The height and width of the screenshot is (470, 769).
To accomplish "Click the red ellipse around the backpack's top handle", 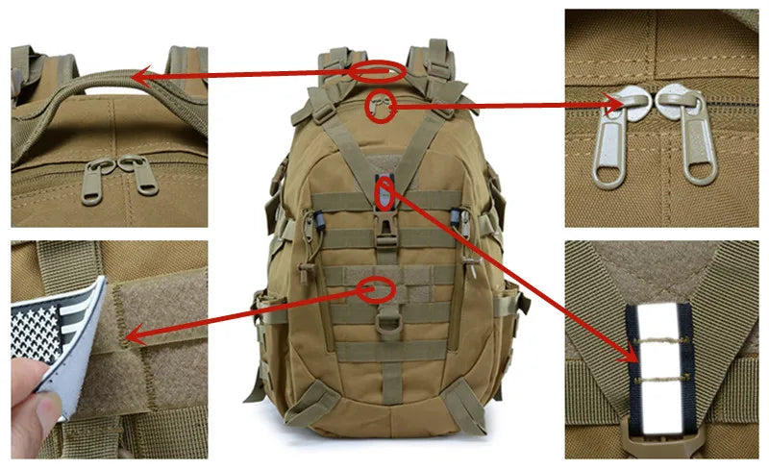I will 376,70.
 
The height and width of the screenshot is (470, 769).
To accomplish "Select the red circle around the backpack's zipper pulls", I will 383,102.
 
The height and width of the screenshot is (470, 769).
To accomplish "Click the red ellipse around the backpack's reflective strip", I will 384,193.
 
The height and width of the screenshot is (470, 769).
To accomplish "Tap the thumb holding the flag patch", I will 35,413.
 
